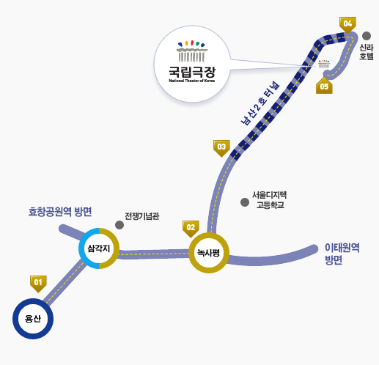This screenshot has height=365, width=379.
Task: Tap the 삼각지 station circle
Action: coord(99,248)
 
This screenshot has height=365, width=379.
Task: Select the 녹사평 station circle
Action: coord(209,253)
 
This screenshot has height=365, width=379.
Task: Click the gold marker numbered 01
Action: coord(38,281)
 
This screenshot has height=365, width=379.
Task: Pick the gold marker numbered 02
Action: coord(191,227)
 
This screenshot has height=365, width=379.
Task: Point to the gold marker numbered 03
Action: coord(221,147)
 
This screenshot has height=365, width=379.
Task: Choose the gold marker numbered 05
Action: coord(324,86)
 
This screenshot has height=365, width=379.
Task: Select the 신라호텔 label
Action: coord(367,51)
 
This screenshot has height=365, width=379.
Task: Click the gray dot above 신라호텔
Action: coord(367,35)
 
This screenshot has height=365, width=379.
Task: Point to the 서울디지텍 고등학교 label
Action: coord(269,200)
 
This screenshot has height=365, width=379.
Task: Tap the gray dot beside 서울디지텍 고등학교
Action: coord(245,202)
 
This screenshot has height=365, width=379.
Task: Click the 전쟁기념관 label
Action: coord(142,216)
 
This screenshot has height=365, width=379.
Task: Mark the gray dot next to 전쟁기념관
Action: coord(119,224)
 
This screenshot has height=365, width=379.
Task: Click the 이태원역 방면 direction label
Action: coord(341,254)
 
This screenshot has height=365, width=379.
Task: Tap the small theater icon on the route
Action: coord(323,64)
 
